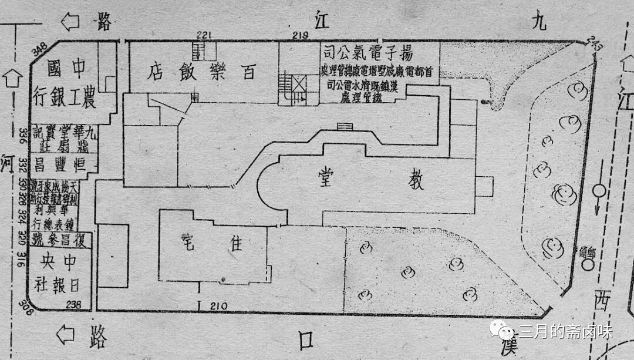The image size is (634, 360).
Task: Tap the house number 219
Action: (301, 36)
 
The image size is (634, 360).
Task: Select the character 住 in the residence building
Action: (235, 244)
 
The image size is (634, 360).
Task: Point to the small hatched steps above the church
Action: (345, 126)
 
